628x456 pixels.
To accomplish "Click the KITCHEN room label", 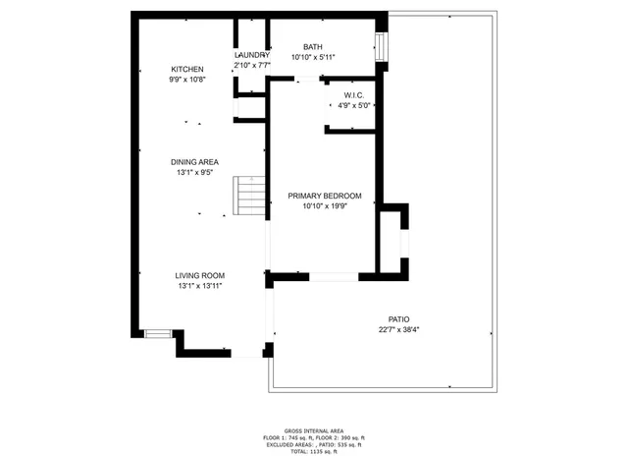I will (x=186, y=69).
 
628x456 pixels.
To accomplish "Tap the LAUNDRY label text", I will (x=251, y=55).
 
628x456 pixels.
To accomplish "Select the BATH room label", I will (x=313, y=46).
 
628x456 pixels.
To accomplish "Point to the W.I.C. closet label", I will (x=354, y=94).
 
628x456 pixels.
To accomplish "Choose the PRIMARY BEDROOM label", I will (x=325, y=196).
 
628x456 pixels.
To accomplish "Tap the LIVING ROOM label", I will (x=200, y=275).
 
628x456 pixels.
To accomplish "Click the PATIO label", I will (x=398, y=319).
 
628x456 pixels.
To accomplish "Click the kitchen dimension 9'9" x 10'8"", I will (x=186, y=80).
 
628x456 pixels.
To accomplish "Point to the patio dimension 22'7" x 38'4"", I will (x=398, y=330).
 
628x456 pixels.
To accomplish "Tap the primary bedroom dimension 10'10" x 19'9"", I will (x=325, y=206).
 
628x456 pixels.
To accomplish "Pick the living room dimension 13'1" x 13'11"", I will (x=200, y=286).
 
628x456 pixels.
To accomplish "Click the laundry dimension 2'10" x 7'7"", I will (x=251, y=66).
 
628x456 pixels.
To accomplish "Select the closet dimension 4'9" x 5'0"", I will (x=354, y=105).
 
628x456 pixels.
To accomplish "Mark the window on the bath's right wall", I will (x=382, y=46).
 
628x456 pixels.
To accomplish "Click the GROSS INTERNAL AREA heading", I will (x=314, y=430).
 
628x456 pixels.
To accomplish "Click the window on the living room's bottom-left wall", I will (x=158, y=334).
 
